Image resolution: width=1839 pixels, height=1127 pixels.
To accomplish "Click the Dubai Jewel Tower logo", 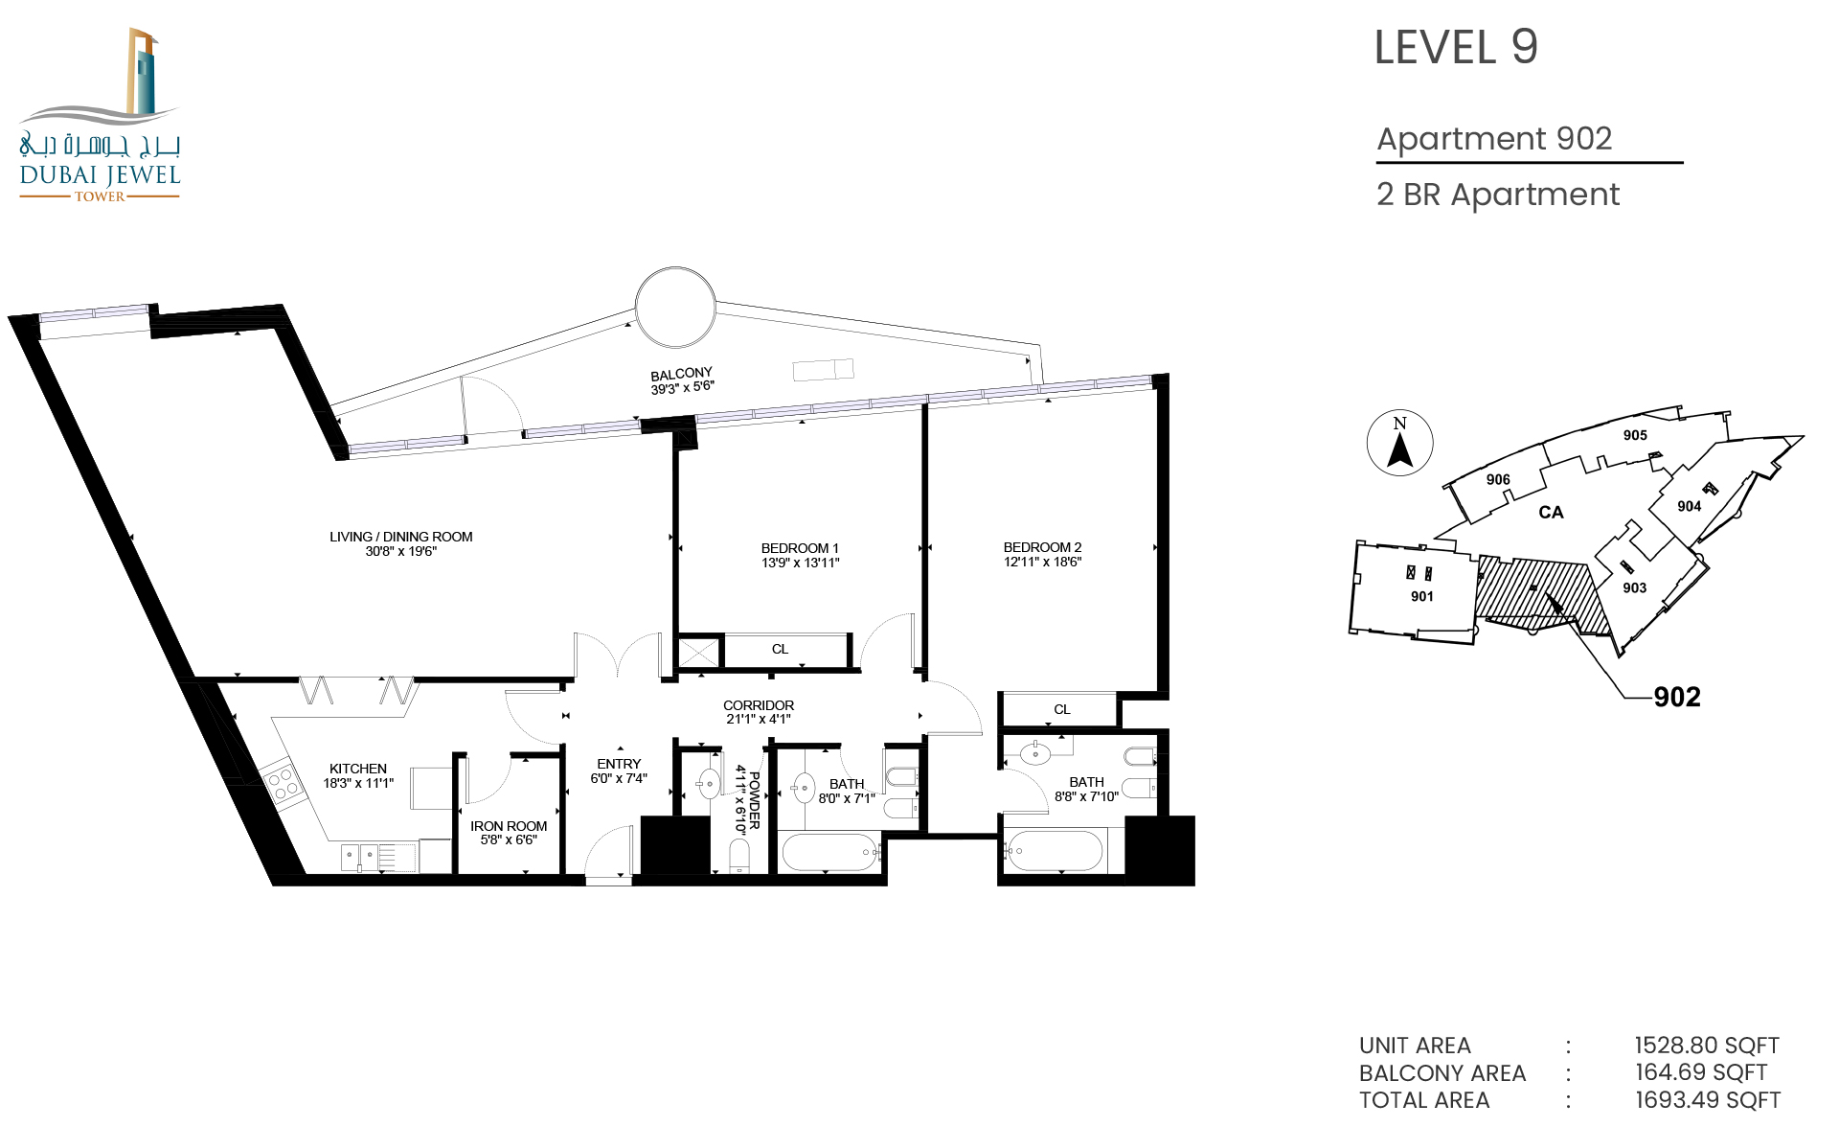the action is pos(100,114).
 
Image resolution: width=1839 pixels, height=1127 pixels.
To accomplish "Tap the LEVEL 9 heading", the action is pos(1456,47).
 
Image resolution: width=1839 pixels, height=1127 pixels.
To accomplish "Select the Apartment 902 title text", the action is pos(1494,139).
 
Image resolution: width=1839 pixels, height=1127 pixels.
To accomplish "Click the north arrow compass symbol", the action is pos(1399,443).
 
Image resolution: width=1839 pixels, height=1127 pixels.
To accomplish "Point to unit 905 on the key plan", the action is pos(1635,435).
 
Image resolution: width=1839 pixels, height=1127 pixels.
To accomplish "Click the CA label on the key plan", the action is pos(1551,513).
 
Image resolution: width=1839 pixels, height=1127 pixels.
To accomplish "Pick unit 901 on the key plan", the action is pos(1422,596).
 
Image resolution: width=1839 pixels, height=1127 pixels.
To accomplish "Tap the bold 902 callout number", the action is pos(1677,697).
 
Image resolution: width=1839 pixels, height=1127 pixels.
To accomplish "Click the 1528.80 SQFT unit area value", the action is pos(1707,1046).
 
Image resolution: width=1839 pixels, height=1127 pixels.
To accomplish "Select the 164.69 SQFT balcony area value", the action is pos(1701,1072).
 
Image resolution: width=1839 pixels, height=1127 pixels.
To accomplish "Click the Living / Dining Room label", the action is pos(401,537).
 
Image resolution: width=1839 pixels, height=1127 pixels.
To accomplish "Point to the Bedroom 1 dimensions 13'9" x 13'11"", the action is pos(801,563).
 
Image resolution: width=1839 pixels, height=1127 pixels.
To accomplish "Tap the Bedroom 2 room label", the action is pos(1042,547).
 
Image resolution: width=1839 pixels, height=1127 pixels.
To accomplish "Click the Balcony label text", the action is pos(681,374).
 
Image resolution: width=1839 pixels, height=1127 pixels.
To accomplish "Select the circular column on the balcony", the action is pos(675,307).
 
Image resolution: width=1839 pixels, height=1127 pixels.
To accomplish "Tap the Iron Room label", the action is pos(509,826).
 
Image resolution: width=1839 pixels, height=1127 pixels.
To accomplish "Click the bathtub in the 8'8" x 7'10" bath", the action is pos(1054,851).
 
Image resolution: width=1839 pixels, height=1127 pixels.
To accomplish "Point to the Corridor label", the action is pos(759,705).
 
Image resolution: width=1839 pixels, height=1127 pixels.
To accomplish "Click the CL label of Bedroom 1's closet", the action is pos(780,649).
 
